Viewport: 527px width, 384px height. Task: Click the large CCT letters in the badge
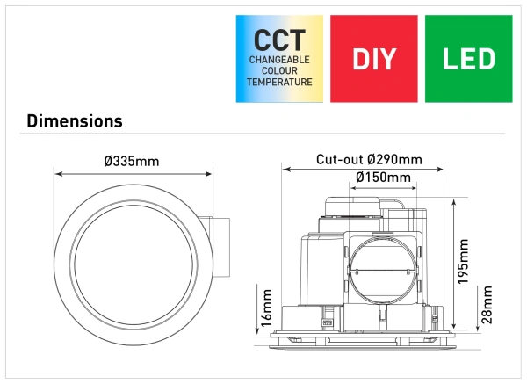279,40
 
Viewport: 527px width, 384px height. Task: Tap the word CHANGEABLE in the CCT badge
279,60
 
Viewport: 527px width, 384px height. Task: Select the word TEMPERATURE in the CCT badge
279,82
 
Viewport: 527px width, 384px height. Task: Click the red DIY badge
374,59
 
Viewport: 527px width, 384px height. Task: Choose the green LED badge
468,59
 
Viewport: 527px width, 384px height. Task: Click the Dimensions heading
75,120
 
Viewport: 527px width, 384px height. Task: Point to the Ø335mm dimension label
132,162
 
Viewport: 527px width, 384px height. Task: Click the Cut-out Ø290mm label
369,160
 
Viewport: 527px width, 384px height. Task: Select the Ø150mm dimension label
384,178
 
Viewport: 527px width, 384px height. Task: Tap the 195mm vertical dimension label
464,261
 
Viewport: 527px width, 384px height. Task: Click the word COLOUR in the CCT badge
279,70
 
